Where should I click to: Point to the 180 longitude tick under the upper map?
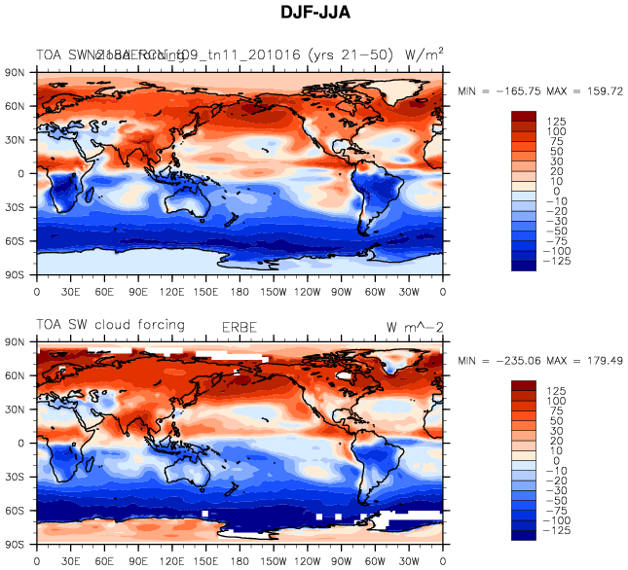[240, 290]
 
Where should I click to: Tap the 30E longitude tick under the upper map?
[70, 290]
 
